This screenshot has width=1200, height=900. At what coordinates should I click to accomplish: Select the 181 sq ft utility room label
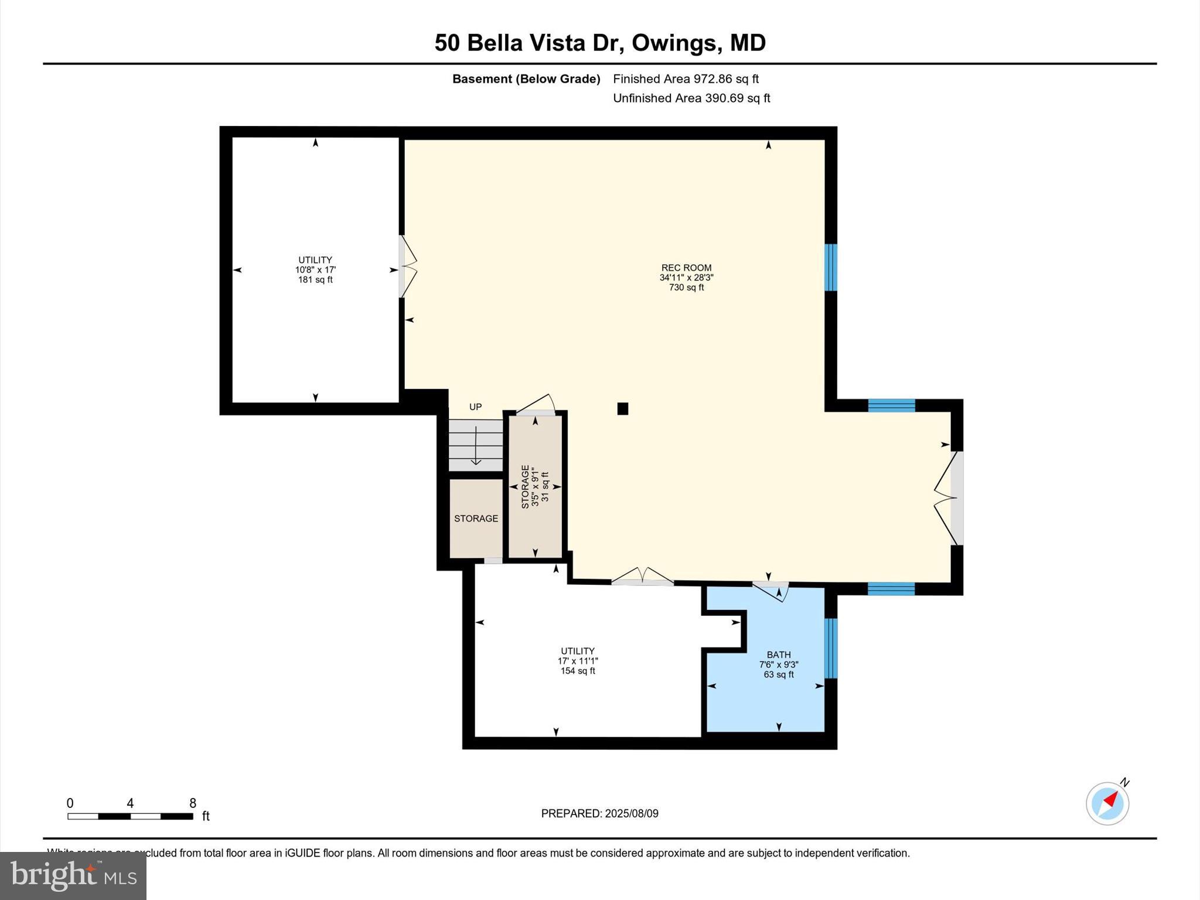coord(315,270)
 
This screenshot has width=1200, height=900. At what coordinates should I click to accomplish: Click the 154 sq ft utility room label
coord(578,660)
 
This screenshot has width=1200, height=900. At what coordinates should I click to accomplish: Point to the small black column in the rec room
coord(623,408)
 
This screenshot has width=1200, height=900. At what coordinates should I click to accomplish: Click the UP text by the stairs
coord(475,407)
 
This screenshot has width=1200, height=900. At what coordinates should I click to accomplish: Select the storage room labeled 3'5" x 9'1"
coord(535,486)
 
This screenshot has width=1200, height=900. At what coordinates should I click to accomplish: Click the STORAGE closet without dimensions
coord(476,519)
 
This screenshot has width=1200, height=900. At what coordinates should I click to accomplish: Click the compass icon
coord(1107,803)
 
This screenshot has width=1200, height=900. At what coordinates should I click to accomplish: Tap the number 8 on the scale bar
coord(193,803)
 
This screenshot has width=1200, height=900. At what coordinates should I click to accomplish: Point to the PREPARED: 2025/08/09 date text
coord(599,813)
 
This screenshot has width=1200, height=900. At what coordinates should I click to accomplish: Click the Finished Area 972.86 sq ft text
coord(686,79)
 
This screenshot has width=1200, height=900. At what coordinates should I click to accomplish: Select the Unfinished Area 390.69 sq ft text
coord(691,98)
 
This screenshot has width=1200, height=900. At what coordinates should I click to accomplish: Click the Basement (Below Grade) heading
coord(526,79)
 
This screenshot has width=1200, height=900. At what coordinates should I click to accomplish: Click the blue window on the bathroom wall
coord(831,648)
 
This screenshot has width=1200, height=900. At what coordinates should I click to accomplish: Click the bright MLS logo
coord(73,875)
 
